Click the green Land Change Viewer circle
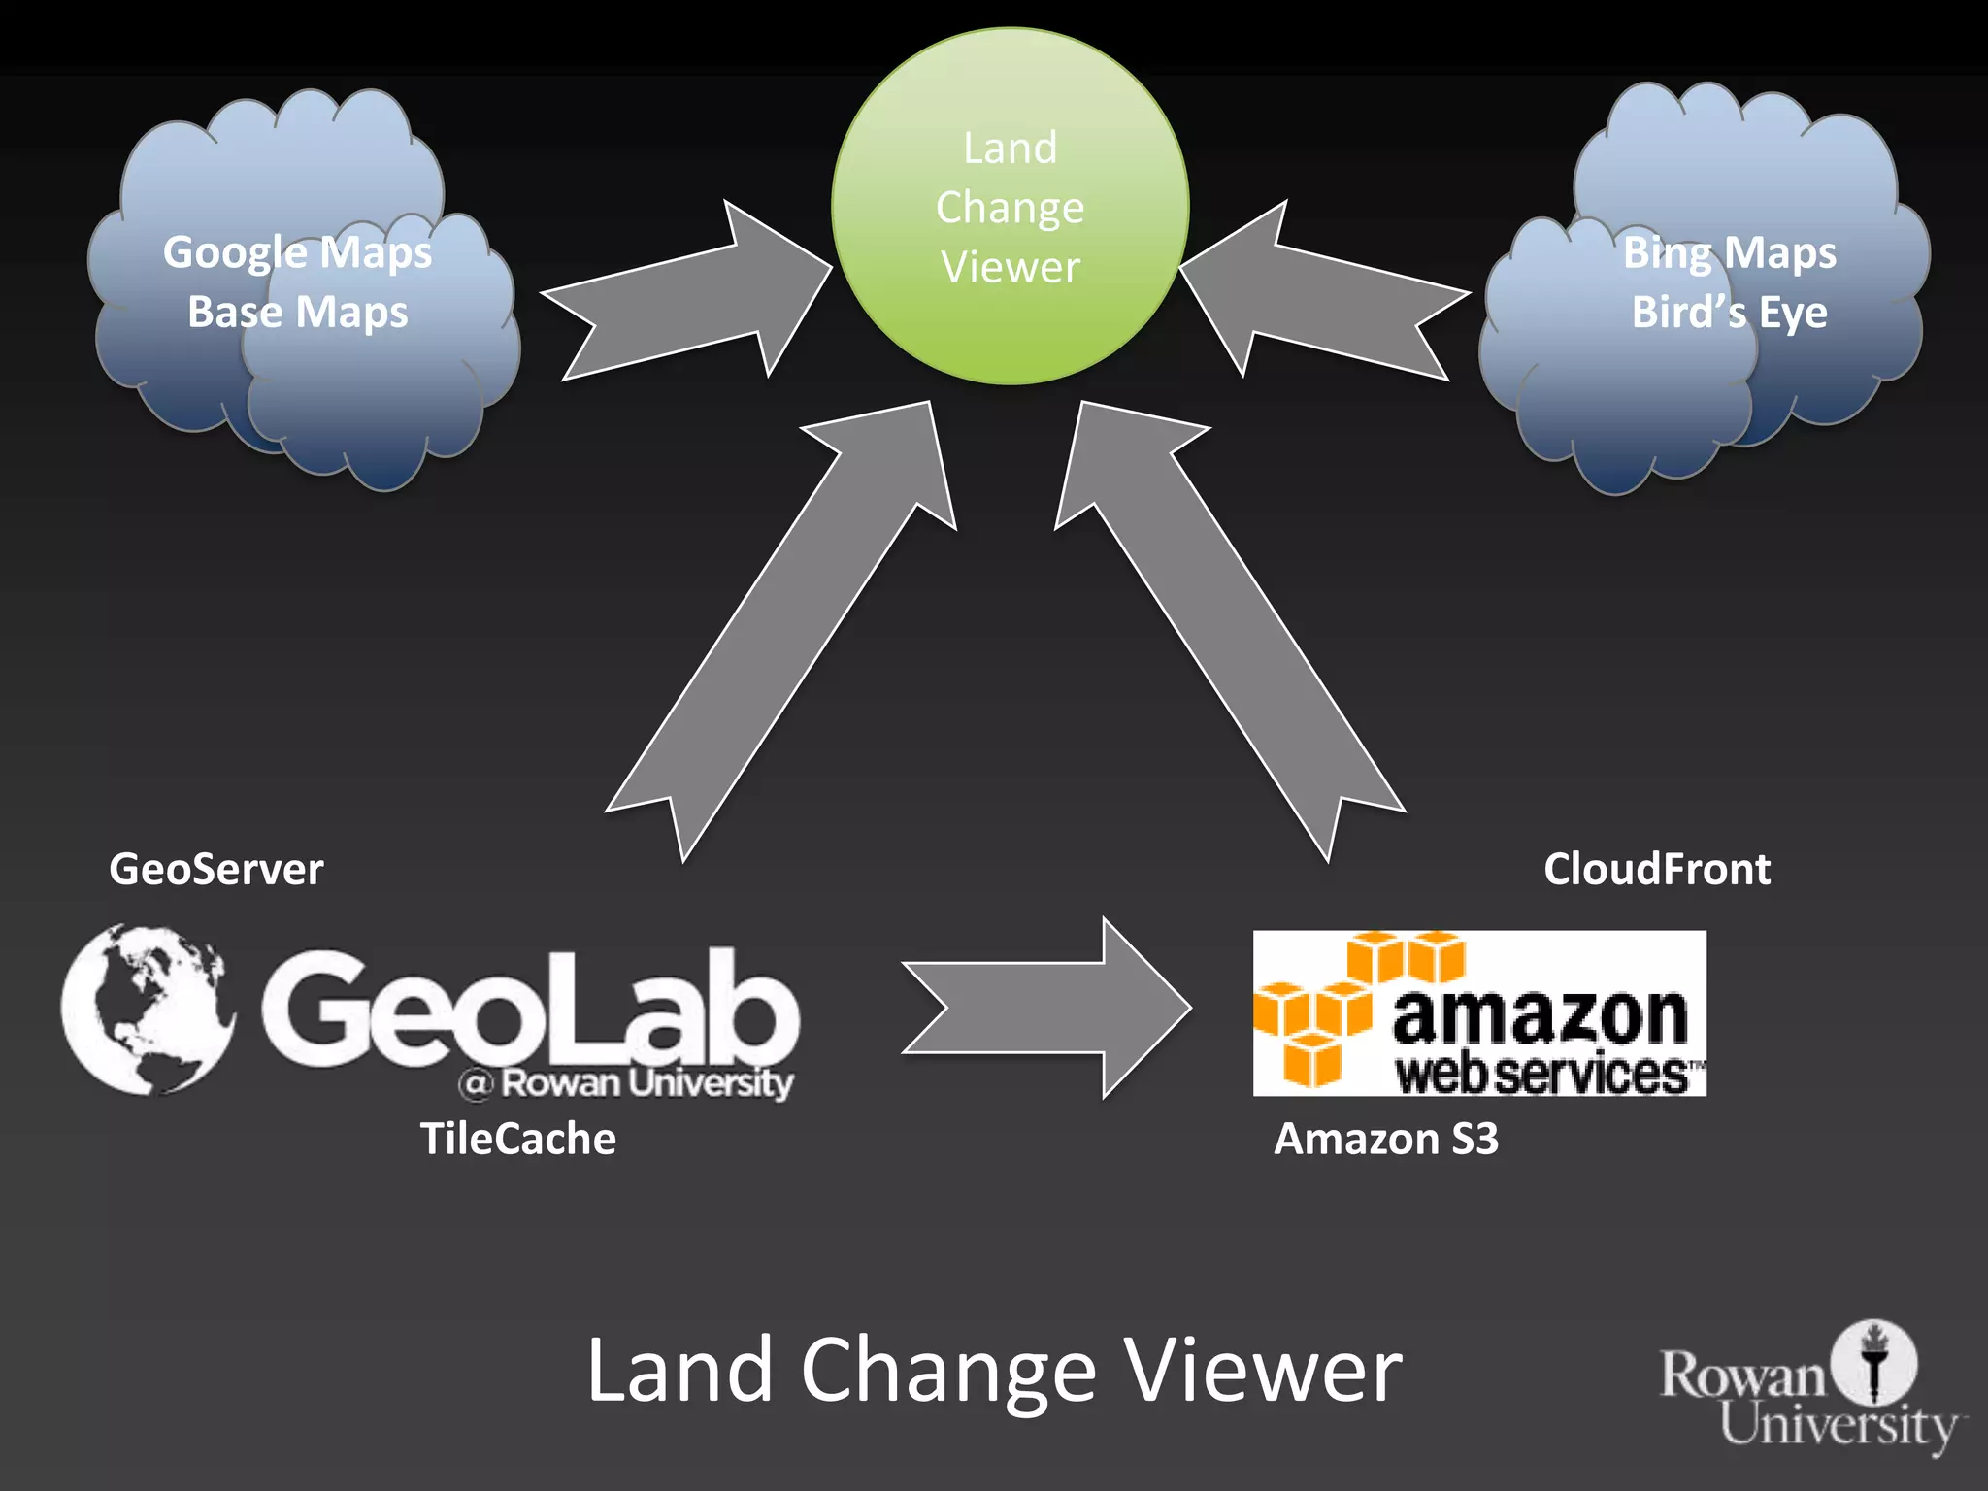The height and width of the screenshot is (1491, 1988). pos(1010,207)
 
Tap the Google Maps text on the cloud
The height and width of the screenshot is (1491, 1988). pos(297,253)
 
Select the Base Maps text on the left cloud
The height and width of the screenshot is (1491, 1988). pos(297,313)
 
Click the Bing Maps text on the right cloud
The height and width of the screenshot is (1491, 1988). pos(1729,253)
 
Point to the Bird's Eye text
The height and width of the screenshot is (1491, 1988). pos(1729,313)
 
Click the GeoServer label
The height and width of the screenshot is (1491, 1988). pos(215,869)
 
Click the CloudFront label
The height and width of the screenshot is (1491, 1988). pos(1656,869)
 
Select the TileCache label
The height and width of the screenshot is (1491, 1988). pos(517,1139)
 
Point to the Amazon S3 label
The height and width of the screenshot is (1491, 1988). pos(1385,1139)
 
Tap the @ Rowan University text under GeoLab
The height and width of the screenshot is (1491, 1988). pos(627,1082)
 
